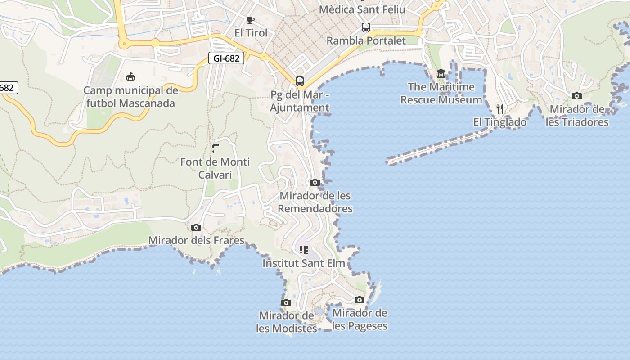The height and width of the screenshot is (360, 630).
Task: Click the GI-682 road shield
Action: point(226,58)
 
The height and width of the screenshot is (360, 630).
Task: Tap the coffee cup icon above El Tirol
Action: point(251,20)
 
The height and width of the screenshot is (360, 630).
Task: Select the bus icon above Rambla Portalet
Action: point(366,27)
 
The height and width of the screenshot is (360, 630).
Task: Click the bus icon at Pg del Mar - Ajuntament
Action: point(300,81)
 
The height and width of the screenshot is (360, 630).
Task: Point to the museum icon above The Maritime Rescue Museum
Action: point(441,74)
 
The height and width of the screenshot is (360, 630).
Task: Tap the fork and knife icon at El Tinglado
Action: point(499,108)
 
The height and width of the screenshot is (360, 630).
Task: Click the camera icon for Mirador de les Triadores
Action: point(576,96)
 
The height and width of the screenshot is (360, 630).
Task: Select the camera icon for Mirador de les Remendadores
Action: point(315,182)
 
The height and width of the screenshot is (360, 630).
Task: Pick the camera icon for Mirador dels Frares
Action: point(196,227)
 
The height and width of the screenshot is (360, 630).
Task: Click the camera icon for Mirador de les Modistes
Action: point(286,302)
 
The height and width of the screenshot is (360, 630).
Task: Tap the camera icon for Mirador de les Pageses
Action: point(359,300)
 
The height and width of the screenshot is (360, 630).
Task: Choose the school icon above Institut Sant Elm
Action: point(304,249)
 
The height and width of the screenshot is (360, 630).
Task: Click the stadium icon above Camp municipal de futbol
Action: point(130,77)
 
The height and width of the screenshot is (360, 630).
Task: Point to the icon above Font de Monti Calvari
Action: point(215,148)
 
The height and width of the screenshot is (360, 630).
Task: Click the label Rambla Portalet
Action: point(366,40)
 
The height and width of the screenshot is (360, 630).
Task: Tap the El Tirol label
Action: point(251,33)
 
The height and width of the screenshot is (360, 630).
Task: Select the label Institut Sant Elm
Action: point(304,263)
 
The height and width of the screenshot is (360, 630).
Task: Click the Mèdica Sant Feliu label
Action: point(362,9)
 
